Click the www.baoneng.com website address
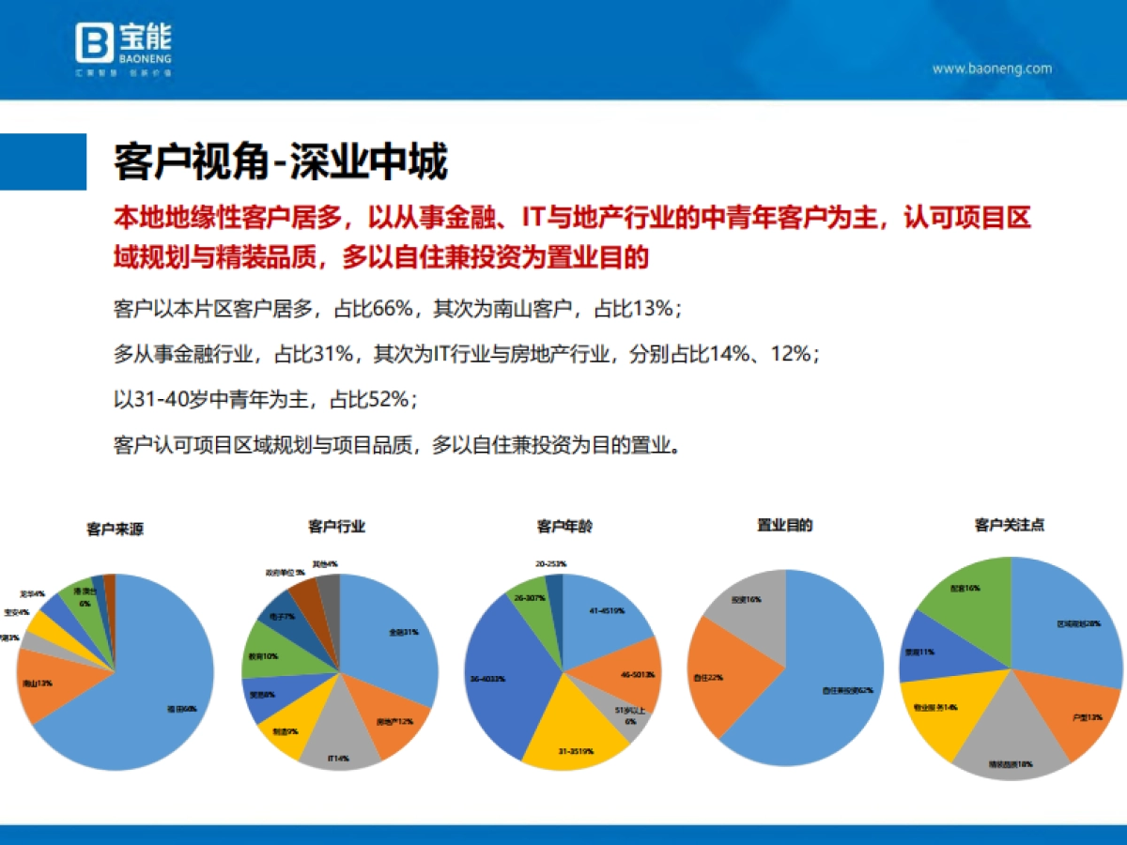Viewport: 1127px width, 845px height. click(x=991, y=69)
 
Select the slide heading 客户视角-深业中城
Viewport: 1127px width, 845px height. click(x=280, y=161)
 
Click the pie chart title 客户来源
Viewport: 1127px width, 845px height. click(x=115, y=530)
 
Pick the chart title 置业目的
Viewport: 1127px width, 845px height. click(x=784, y=526)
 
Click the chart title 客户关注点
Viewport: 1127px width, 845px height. click(x=1010, y=526)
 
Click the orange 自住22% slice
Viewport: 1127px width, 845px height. click(x=716, y=676)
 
